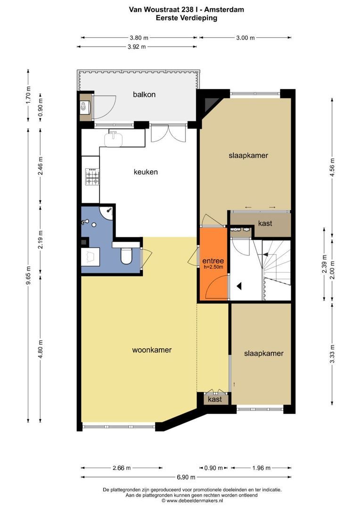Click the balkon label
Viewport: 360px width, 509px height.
click(x=144, y=94)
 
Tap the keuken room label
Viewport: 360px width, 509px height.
click(x=146, y=172)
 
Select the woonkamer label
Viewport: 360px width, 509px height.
click(x=152, y=350)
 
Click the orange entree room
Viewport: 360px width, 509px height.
click(x=213, y=264)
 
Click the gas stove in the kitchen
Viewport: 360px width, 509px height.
click(x=92, y=177)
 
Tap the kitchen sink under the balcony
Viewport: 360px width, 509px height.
click(x=113, y=139)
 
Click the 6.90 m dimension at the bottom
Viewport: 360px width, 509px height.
click(x=186, y=477)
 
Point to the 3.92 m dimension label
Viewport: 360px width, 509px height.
click(x=137, y=47)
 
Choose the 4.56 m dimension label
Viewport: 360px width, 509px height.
click(x=332, y=167)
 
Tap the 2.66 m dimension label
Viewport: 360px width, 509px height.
click(x=122, y=468)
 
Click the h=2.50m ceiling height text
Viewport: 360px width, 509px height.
click(x=213, y=267)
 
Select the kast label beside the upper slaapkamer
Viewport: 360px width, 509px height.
click(x=265, y=223)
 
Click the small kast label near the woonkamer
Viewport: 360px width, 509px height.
click(x=214, y=399)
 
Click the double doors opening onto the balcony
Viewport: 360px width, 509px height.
click(x=169, y=133)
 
